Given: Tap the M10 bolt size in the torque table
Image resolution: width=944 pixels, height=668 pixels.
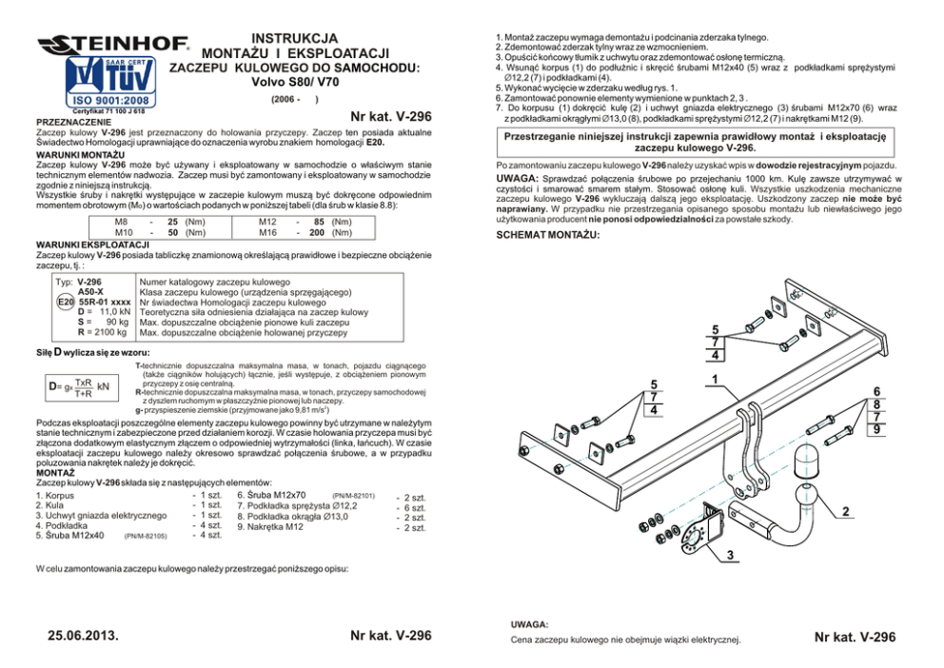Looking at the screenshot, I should [x=124, y=232].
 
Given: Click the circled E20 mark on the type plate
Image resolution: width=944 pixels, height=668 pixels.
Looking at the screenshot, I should [x=65, y=302].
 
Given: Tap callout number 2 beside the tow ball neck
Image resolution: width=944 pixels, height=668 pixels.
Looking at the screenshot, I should [x=845, y=512].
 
